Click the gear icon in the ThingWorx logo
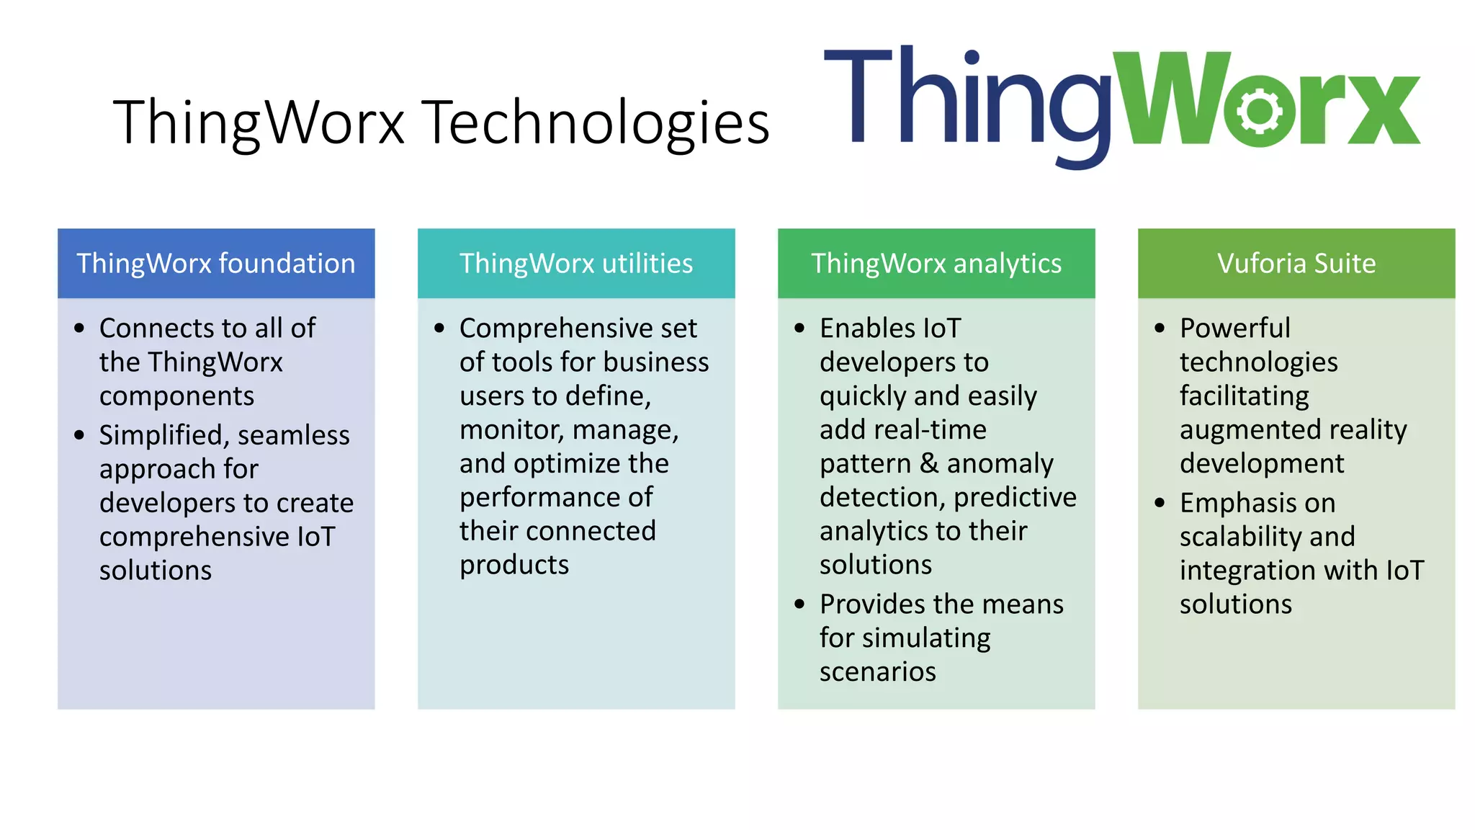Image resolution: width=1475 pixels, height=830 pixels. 1259,110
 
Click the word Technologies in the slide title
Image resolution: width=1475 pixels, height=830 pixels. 595,122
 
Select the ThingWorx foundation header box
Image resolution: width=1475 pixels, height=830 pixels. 216,264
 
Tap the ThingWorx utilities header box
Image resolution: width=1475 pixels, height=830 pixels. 576,264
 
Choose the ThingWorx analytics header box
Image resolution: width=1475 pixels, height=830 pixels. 936,264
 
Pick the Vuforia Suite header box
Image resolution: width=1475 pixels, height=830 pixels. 1296,264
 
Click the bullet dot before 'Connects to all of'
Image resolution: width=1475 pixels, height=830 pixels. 79,329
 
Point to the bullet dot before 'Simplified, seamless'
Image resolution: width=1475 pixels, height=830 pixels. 79,435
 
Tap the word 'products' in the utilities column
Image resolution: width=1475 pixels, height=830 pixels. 514,565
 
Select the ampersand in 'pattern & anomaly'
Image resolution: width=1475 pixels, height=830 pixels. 929,463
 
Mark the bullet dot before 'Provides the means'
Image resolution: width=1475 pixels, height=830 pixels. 799,604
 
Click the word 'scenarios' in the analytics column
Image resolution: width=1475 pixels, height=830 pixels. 877,671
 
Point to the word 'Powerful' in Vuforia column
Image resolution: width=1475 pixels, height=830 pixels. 1234,329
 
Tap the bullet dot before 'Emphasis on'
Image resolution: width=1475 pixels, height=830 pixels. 1160,503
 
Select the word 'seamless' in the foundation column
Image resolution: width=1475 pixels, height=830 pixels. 293,435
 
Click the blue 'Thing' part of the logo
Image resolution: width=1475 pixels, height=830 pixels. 965,101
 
